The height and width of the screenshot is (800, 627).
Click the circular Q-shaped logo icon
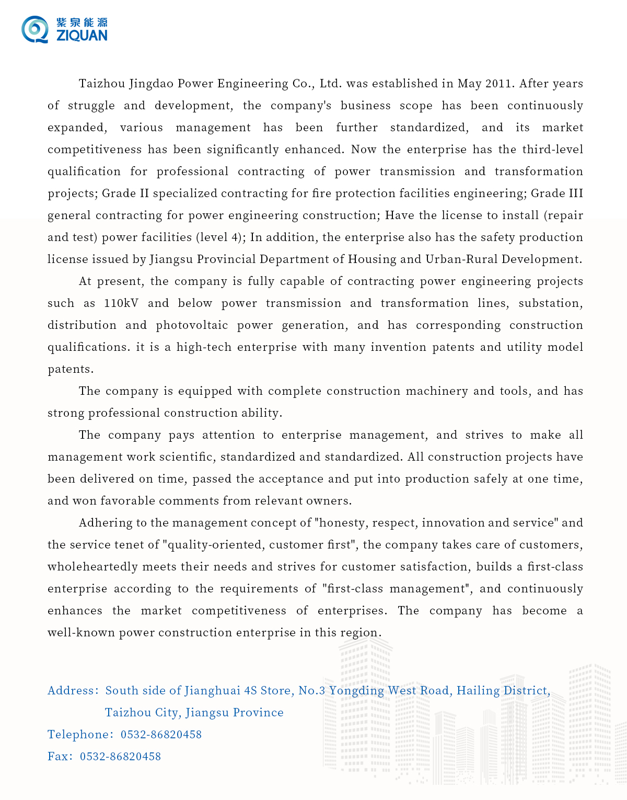click(34, 29)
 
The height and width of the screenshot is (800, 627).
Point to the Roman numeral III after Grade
click(575, 193)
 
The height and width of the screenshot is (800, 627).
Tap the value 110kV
click(121, 303)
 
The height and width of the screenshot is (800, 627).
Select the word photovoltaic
click(192, 325)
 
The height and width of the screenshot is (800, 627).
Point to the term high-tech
click(204, 347)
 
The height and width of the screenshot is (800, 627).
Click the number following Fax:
click(120, 757)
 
